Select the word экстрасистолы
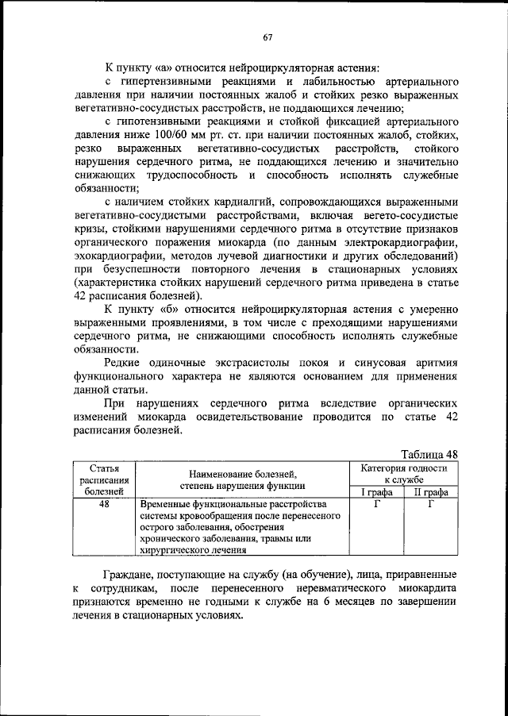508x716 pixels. (248, 365)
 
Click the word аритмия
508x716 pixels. (433, 365)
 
